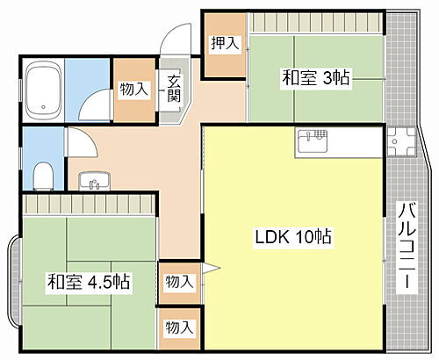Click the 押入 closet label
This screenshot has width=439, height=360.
[x=226, y=43]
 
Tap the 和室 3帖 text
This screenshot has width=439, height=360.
[x=316, y=79]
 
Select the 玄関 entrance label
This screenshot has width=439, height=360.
[x=174, y=89]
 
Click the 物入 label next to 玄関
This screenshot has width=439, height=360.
[x=133, y=89]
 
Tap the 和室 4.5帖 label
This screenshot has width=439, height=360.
[x=89, y=283]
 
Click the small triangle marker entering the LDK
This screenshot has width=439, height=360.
[x=210, y=268]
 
